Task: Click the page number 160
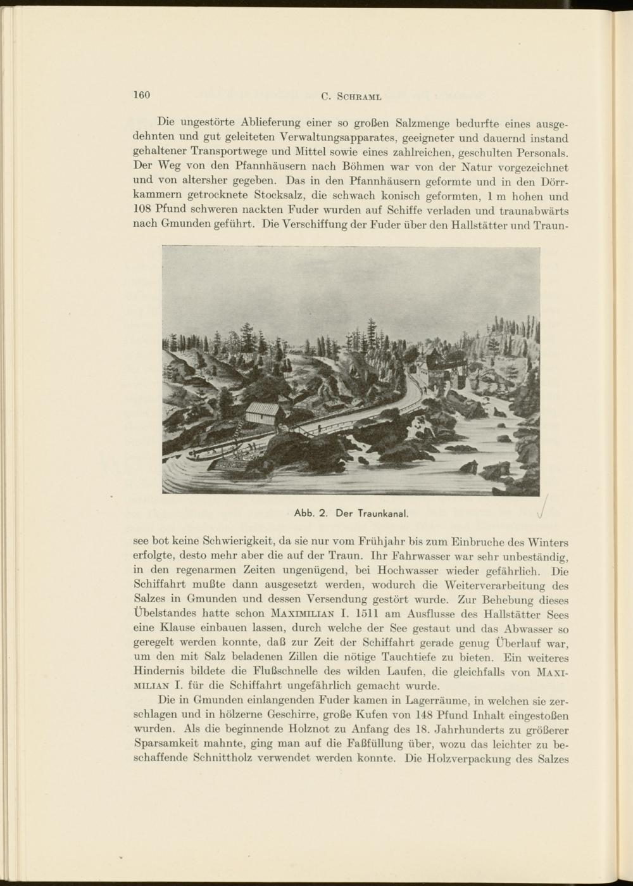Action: [x=141, y=95]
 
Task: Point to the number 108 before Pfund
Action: [x=144, y=210]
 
